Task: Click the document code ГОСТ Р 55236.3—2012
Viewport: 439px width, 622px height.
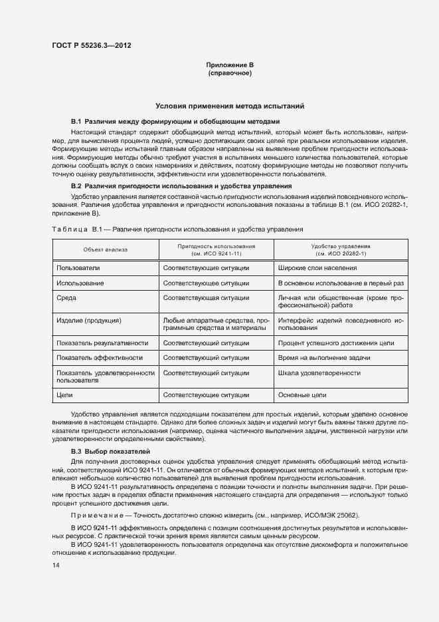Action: pos(91,45)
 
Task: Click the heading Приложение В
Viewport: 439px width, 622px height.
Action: pos(230,65)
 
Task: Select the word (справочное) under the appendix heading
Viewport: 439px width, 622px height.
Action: pos(230,73)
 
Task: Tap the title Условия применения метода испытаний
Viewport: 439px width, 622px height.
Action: pos(230,106)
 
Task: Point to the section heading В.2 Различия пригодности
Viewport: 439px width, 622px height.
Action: pos(181,186)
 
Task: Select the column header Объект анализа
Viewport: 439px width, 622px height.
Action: pos(105,249)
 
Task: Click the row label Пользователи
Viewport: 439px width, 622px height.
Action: pos(78,267)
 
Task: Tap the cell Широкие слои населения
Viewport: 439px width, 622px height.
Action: pos(317,267)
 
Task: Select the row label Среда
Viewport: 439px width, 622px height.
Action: pos(68,299)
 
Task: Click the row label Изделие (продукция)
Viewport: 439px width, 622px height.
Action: pos(89,320)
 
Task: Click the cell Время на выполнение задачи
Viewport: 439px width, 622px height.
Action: pos(324,357)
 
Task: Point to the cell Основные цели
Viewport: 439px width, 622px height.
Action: pos(302,394)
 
